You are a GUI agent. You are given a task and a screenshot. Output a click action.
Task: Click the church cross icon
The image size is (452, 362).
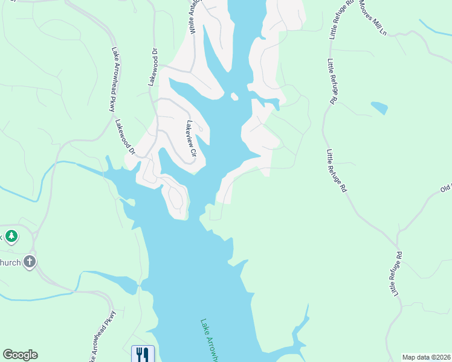tap(30, 262)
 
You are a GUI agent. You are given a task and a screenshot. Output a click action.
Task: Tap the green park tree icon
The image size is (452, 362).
tap(10, 236)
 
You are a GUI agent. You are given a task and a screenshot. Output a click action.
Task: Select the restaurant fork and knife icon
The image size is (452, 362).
tap(143, 354)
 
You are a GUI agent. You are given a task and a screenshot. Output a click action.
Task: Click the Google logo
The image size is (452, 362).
tap(20, 355)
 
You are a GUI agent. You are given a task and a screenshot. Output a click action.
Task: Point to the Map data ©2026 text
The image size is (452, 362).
tap(426, 357)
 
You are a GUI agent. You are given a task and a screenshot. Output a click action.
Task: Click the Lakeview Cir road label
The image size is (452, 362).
tap(192, 139)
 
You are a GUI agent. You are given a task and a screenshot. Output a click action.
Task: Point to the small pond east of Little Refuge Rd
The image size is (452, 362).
tap(379, 108)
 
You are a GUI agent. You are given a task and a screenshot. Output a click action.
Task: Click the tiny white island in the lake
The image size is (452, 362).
tap(234, 96)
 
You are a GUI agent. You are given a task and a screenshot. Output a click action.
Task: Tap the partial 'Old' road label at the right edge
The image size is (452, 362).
tap(446, 189)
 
